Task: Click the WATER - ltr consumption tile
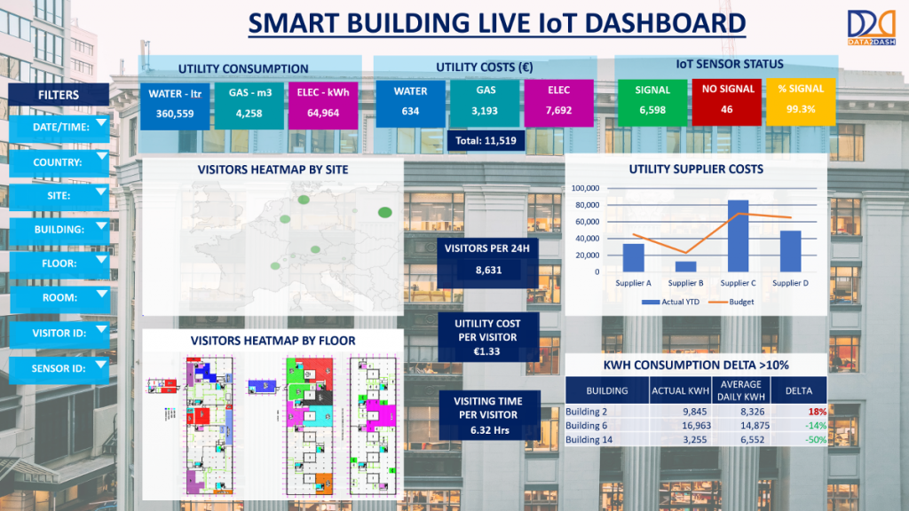176,103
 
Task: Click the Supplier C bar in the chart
737,236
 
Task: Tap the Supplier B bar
685,265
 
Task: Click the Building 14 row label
589,440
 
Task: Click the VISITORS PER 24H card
486,256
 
